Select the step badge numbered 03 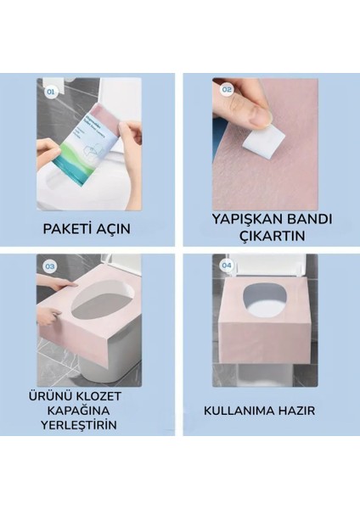pyautogui.click(x=49, y=266)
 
